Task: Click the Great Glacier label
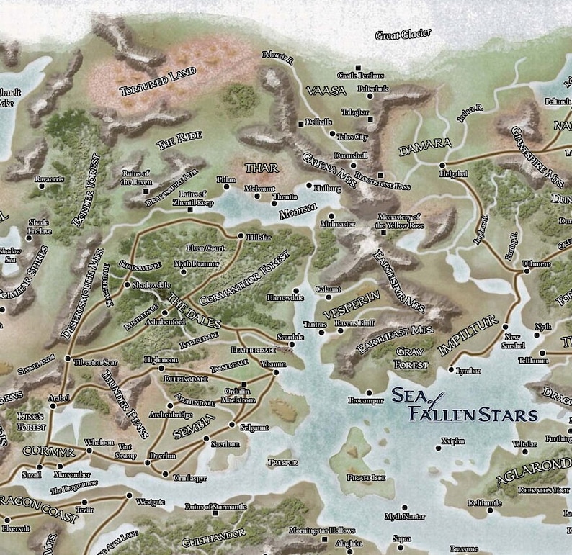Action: [403, 34]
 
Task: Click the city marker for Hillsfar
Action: [241, 235]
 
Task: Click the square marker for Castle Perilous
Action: [358, 68]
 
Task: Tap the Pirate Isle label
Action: [366, 477]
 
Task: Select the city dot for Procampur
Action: [369, 393]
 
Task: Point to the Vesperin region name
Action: [352, 307]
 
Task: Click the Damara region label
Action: [424, 148]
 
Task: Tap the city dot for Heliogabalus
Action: [442, 166]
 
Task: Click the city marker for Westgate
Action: [129, 495]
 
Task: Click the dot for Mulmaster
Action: [331, 215]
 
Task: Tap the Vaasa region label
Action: [326, 91]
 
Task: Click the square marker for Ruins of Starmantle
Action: [215, 513]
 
